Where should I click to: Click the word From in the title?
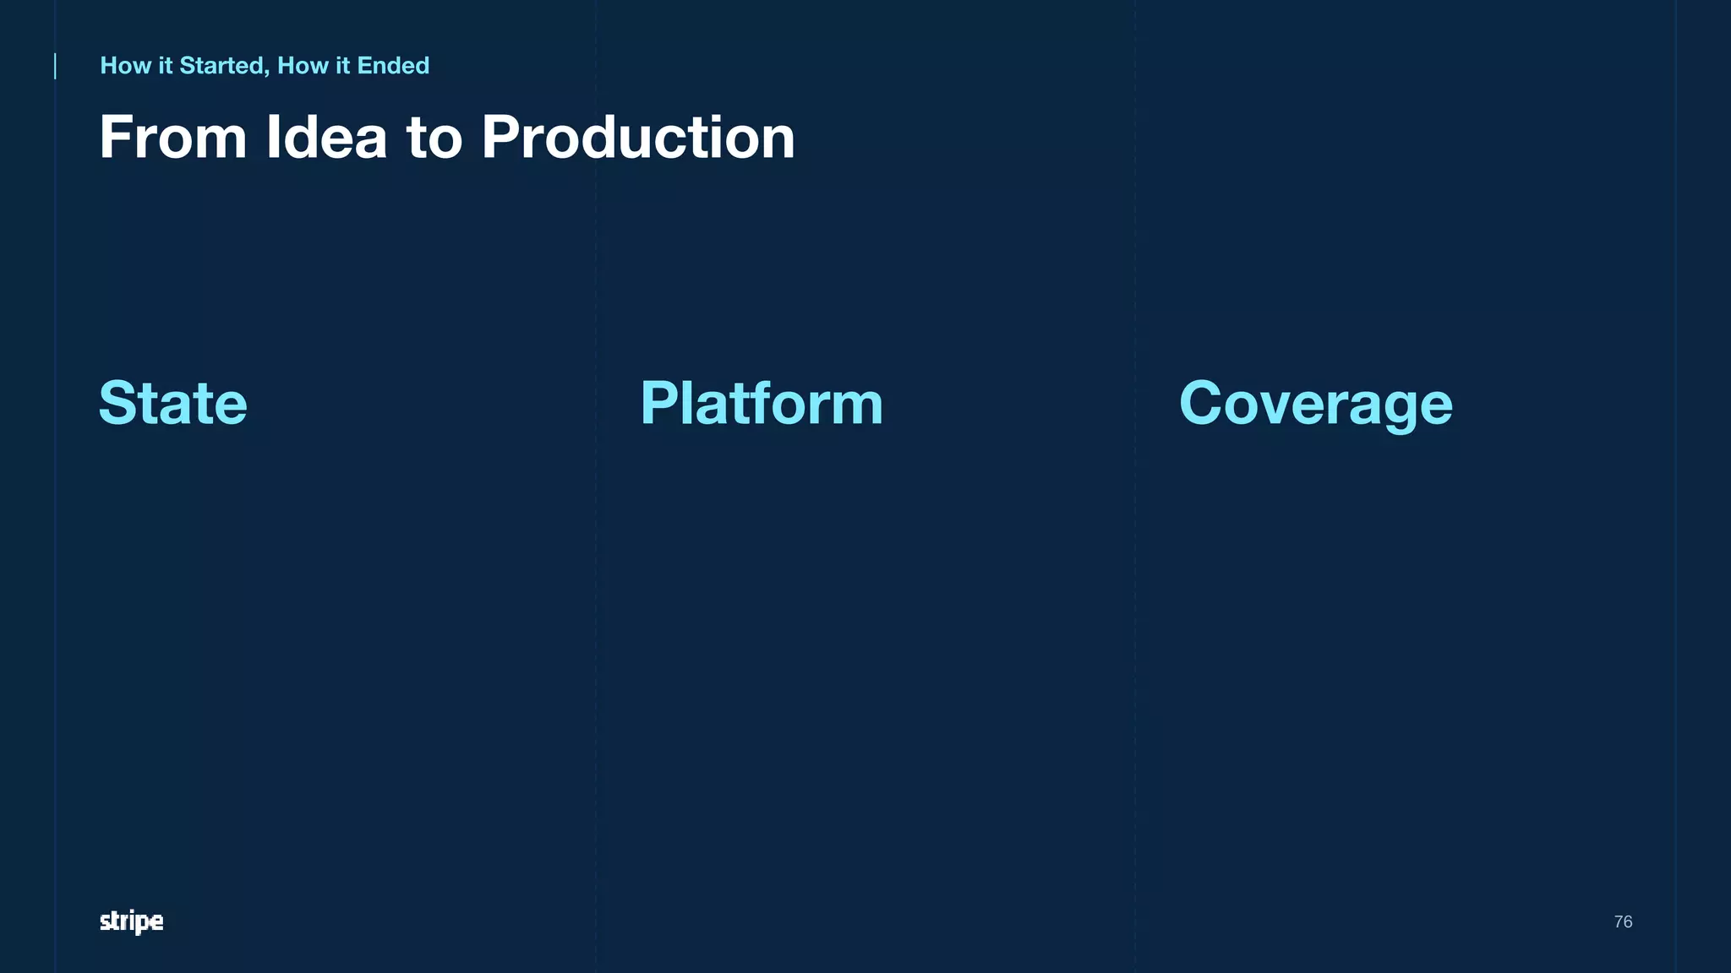[173, 138]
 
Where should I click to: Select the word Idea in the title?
[326, 138]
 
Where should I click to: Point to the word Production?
[638, 138]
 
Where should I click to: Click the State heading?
[173, 403]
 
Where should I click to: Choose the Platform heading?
[762, 403]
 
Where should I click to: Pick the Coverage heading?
[1316, 405]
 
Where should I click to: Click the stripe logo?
[132, 921]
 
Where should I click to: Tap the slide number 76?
[1623, 921]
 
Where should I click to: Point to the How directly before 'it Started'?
[126, 66]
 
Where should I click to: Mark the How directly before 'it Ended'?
[303, 66]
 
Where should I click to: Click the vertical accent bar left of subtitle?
[56, 66]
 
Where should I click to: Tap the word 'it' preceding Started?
[166, 66]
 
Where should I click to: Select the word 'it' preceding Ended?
[342, 66]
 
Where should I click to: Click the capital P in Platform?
[659, 403]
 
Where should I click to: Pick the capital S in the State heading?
[118, 403]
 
